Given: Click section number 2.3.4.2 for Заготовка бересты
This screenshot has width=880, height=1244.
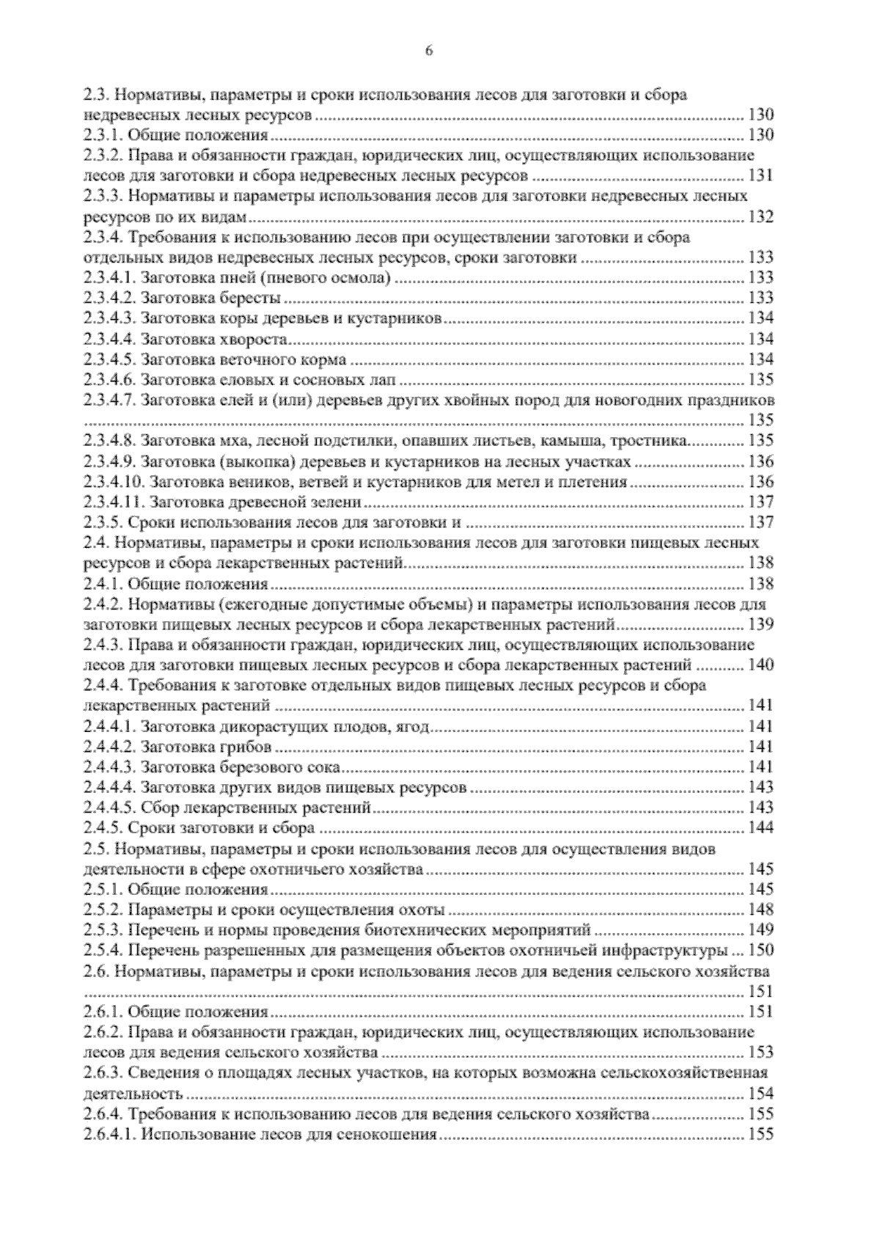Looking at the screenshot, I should click(x=109, y=298).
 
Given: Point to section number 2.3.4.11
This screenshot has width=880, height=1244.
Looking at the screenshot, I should click(x=112, y=502).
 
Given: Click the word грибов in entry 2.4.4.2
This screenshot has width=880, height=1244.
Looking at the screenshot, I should click(x=246, y=747).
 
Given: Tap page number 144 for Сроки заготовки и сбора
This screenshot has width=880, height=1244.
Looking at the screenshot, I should click(x=760, y=828).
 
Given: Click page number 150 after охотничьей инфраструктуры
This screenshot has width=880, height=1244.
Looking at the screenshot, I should click(x=760, y=951).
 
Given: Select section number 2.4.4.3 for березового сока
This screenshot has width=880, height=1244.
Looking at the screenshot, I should click(x=109, y=767).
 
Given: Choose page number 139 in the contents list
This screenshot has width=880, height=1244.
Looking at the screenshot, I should click(x=760, y=625).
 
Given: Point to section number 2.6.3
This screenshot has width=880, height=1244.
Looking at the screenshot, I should click(x=103, y=1073).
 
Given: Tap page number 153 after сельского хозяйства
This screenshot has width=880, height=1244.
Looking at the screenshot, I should click(x=760, y=1053).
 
